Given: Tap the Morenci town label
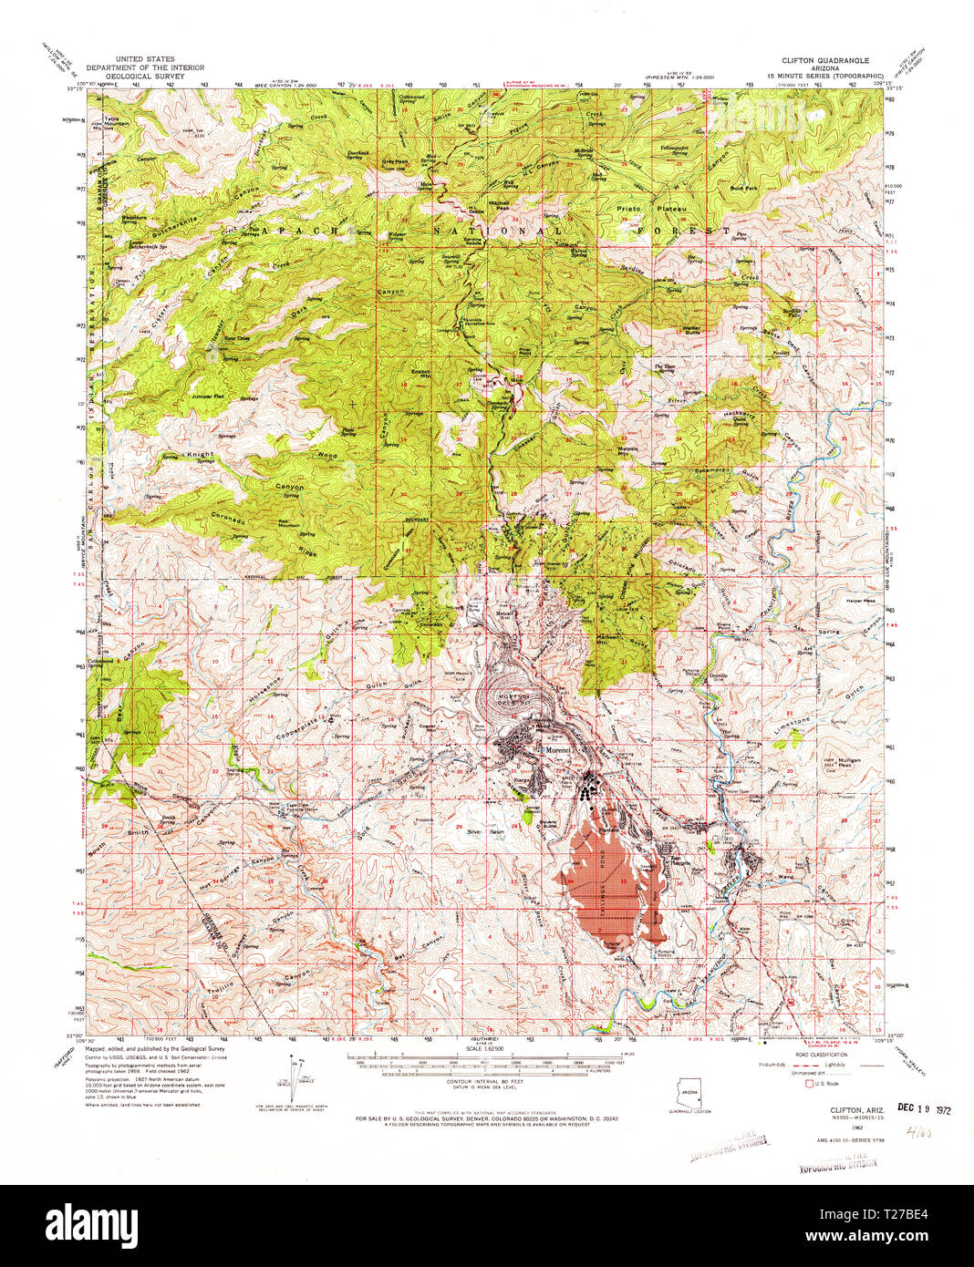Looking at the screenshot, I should (x=555, y=749).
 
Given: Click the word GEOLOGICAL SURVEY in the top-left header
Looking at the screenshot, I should (x=145, y=77).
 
